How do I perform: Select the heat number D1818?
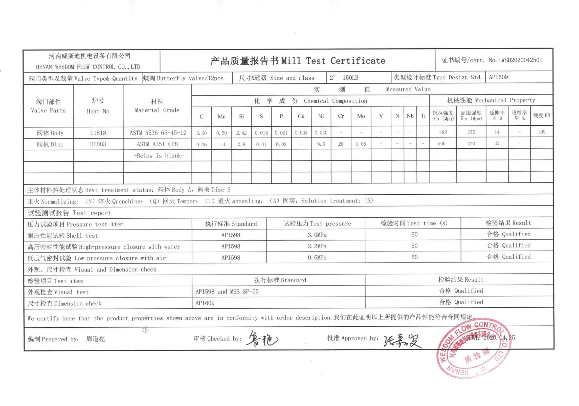click(x=98, y=133)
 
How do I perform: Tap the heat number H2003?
click(x=98, y=144)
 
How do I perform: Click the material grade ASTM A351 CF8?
click(x=157, y=144)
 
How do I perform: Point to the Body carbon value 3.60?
click(x=202, y=133)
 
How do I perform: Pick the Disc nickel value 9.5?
click(x=321, y=144)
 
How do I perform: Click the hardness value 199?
click(x=541, y=132)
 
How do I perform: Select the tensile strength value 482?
click(x=443, y=132)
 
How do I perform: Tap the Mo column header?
click(x=361, y=116)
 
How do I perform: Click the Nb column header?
click(x=410, y=116)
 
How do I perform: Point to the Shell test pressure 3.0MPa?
click(x=317, y=235)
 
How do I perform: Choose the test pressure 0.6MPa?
click(x=317, y=258)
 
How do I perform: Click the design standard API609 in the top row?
click(x=498, y=77)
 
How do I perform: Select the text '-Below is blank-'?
click(x=159, y=155)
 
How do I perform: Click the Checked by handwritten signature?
click(x=262, y=339)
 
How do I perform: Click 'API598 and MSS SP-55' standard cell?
click(x=227, y=291)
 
